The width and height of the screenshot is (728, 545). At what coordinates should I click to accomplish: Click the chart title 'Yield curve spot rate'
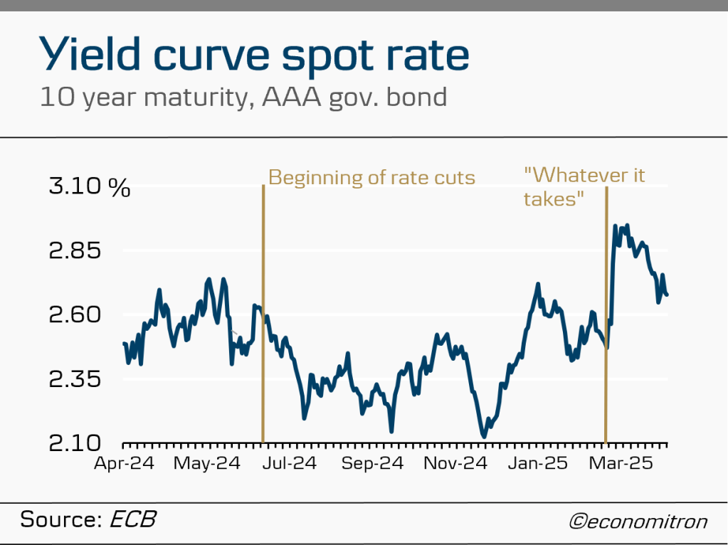(254, 55)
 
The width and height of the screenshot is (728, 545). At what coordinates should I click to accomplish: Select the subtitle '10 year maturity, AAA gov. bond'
(243, 96)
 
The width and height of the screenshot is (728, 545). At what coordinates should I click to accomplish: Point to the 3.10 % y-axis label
(89, 188)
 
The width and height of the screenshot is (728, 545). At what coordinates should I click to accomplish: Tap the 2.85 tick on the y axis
(74, 251)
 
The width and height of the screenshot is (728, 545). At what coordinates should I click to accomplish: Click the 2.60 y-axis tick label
(74, 315)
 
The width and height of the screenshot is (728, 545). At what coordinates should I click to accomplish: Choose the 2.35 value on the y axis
(74, 379)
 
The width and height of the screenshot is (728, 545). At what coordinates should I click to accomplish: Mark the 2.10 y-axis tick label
(74, 443)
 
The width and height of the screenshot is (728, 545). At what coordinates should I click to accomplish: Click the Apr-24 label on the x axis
(125, 463)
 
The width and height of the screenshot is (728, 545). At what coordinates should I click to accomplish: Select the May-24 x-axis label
(206, 463)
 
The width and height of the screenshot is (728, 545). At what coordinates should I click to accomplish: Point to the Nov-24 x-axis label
(455, 463)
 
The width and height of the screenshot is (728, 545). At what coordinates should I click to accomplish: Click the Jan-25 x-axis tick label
(537, 463)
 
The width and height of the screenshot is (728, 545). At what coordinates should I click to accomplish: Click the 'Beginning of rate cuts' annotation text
(371, 177)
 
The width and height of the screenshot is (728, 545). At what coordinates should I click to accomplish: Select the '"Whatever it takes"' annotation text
(584, 186)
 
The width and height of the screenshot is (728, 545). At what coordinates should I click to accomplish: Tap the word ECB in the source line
(132, 519)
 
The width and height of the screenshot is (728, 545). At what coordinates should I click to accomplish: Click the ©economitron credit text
(638, 522)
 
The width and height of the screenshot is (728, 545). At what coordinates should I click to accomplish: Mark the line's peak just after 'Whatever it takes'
(615, 226)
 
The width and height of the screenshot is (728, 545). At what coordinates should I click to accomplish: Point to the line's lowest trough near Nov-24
(484, 436)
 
